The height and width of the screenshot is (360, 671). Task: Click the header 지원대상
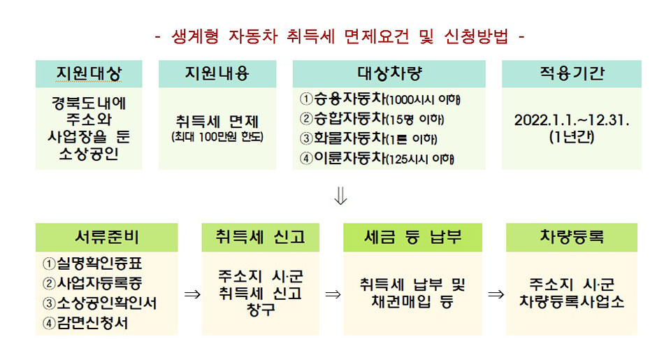pos(89,73)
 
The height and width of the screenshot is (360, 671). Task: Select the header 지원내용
pos(217,73)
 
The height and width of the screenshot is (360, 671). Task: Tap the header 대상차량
pos(389,73)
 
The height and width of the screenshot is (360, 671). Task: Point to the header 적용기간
pos(572,73)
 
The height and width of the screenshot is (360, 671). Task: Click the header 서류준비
pos(106,237)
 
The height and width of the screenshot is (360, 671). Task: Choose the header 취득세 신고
pos(260,237)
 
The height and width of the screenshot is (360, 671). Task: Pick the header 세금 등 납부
pos(412,237)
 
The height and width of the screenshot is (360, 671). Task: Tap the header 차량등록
pos(572,237)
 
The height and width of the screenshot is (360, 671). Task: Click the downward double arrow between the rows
pos(340,196)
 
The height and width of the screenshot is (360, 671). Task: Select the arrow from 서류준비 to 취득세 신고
pos(192,294)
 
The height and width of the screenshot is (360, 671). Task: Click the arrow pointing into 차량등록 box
pos(496,294)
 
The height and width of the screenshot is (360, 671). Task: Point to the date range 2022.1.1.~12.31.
pos(572,120)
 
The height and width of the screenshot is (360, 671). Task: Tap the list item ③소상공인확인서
pos(100,303)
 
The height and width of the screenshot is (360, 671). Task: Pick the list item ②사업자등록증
pos(92,283)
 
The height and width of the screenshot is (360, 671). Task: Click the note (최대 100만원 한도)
pos(217,137)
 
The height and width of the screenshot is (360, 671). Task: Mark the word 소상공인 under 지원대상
pos(89,154)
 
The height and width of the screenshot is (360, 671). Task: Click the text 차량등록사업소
pos(572,301)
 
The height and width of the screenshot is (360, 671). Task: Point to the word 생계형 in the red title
pos(195,36)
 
